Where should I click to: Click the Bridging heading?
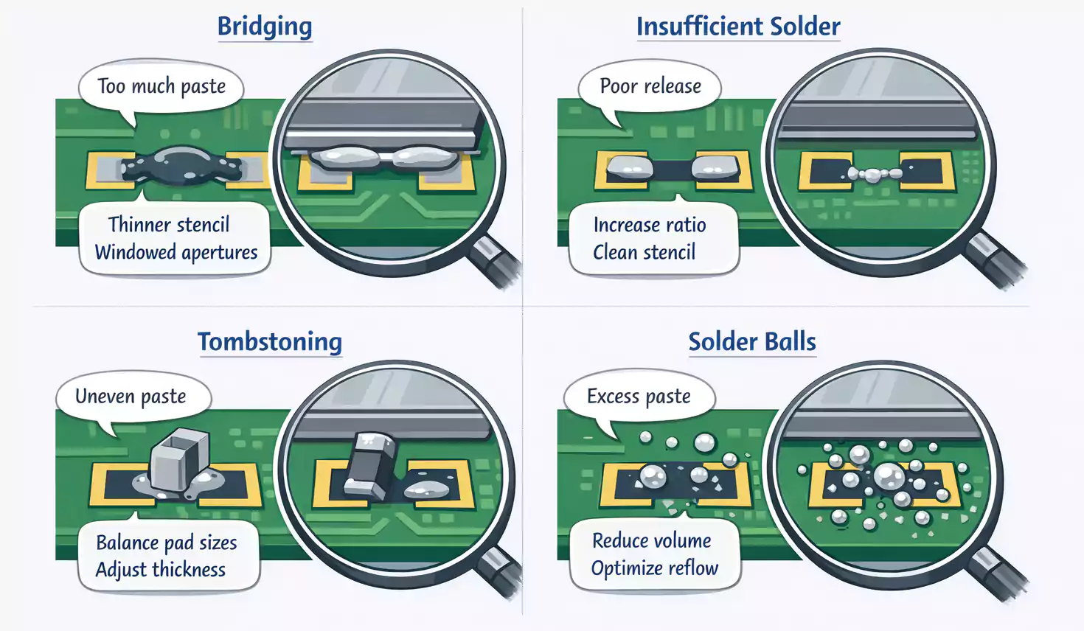coord(265,27)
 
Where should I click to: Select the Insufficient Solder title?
coord(737,27)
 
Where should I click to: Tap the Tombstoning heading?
coord(270,342)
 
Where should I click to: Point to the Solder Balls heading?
coord(752,342)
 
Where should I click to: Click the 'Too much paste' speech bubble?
coord(161,86)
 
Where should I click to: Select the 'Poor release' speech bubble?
coord(650,86)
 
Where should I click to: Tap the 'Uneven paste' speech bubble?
coord(131,397)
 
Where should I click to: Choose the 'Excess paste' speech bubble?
coord(639,397)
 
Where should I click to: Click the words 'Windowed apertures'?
coord(176,252)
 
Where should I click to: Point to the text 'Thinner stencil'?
coord(169,224)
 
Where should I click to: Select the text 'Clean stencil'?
coord(644,252)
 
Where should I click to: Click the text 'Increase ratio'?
coord(650,224)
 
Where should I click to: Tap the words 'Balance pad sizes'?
coord(167,543)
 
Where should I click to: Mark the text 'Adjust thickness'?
coord(161,570)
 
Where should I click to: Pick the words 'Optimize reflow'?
coord(654,568)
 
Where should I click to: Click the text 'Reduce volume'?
coord(652,540)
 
